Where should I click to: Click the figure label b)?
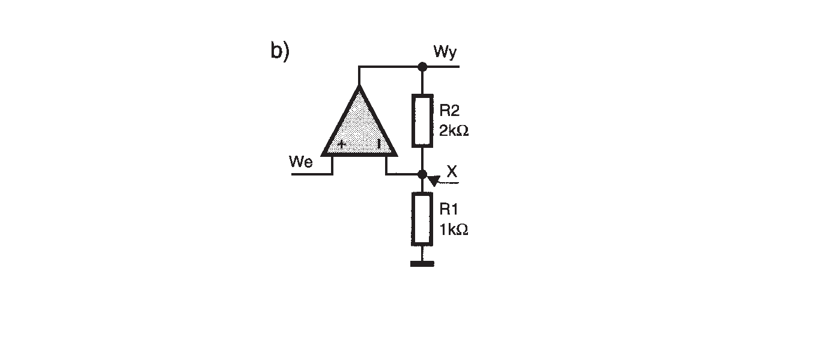pos(280,51)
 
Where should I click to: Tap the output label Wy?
pos(445,52)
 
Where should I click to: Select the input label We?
pos(300,162)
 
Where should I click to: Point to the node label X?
pos(452,171)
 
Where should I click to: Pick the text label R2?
pos(449,111)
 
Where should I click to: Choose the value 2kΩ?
pos(454,130)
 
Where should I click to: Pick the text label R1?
pos(449,209)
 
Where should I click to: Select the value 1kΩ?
pos(454,230)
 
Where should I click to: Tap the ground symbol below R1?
pos(422,264)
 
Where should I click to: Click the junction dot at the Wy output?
pos(422,67)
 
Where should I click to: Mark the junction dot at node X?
pos(422,174)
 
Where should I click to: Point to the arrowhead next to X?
pos(434,180)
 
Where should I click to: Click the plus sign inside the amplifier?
pos(342,144)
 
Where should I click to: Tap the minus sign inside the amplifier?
pos(379,144)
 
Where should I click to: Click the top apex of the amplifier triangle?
pos(359,85)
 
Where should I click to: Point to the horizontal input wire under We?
pos(312,174)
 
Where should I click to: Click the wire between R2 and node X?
pos(422,159)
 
